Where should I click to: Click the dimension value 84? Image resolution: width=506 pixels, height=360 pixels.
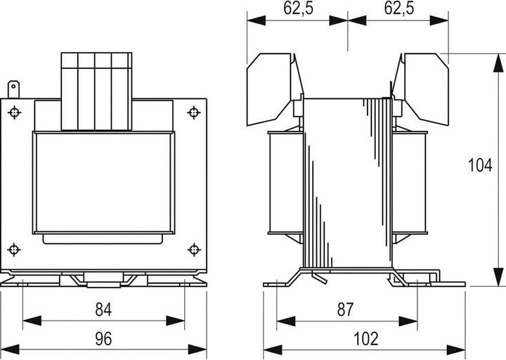pyautogui.click(x=103, y=309)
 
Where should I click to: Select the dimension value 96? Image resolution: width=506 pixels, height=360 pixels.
pyautogui.click(x=103, y=339)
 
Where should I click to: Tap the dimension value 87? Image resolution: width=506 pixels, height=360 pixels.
pyautogui.click(x=346, y=309)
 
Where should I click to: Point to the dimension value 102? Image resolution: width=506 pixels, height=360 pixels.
pyautogui.click(x=366, y=339)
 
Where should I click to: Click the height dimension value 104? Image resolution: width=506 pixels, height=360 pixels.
pyautogui.click(x=480, y=165)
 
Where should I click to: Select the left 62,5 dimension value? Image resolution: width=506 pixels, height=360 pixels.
pyautogui.click(x=298, y=8)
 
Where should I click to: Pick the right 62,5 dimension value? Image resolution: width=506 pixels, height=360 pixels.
pyautogui.click(x=399, y=8)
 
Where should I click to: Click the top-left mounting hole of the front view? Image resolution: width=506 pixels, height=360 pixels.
pyautogui.click(x=14, y=112)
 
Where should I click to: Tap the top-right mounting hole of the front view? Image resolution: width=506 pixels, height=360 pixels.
pyautogui.click(x=194, y=112)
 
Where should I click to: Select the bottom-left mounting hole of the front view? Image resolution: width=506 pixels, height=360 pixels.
pyautogui.click(x=14, y=250)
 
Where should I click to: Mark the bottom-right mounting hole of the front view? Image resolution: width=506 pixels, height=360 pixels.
pyautogui.click(x=194, y=250)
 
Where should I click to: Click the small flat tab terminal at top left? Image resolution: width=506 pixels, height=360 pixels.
pyautogui.click(x=13, y=89)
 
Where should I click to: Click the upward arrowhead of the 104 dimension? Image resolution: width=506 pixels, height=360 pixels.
pyautogui.click(x=498, y=63)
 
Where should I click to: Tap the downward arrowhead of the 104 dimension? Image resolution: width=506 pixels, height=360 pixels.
pyautogui.click(x=498, y=277)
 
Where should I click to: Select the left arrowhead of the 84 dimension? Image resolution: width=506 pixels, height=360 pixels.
pyautogui.click(x=32, y=321)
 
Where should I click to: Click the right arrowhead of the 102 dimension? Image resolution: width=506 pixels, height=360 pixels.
pyautogui.click(x=456, y=349)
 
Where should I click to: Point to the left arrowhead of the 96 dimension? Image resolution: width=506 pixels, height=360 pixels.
pyautogui.click(x=10, y=349)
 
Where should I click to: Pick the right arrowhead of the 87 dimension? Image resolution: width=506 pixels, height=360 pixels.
pyautogui.click(x=408, y=321)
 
